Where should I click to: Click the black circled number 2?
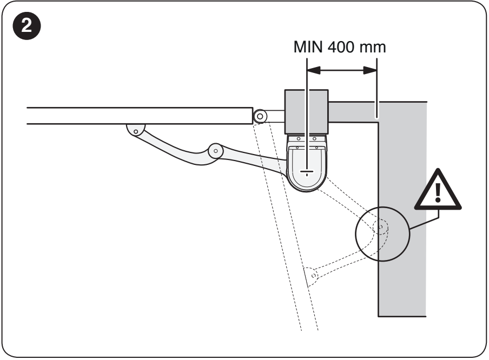tap(27, 26)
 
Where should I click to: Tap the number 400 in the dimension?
tap(341, 47)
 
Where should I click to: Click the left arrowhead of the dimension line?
tap(314, 70)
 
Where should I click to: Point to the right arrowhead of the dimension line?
tap(370, 70)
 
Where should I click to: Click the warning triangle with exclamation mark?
tap(438, 190)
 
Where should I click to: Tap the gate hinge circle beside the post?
tap(260, 117)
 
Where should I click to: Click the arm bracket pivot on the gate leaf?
tap(136, 131)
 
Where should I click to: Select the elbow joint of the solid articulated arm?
tap(215, 151)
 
